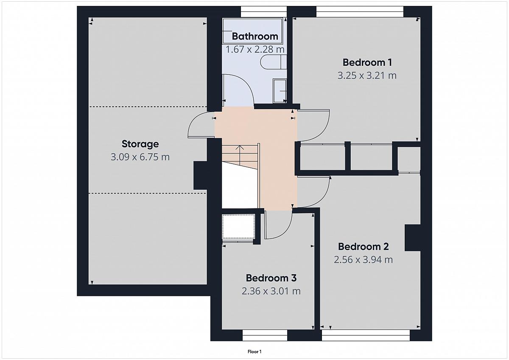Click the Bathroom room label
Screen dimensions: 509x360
[255, 37]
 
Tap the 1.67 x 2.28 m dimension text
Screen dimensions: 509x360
[255, 49]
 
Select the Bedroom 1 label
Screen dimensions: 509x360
[367, 62]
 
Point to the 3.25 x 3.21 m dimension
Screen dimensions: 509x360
[367, 76]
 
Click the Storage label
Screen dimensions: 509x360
[140, 144]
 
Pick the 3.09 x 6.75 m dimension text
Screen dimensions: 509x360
[140, 157]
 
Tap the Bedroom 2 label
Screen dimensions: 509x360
[364, 247]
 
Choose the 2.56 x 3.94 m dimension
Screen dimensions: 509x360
[364, 260]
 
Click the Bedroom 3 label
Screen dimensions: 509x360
[271, 278]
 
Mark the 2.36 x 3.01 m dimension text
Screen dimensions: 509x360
[271, 291]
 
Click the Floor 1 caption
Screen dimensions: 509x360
[255, 352]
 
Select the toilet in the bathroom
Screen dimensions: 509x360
[273, 62]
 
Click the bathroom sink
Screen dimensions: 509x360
[280, 91]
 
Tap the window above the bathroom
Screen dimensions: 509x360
[263, 11]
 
